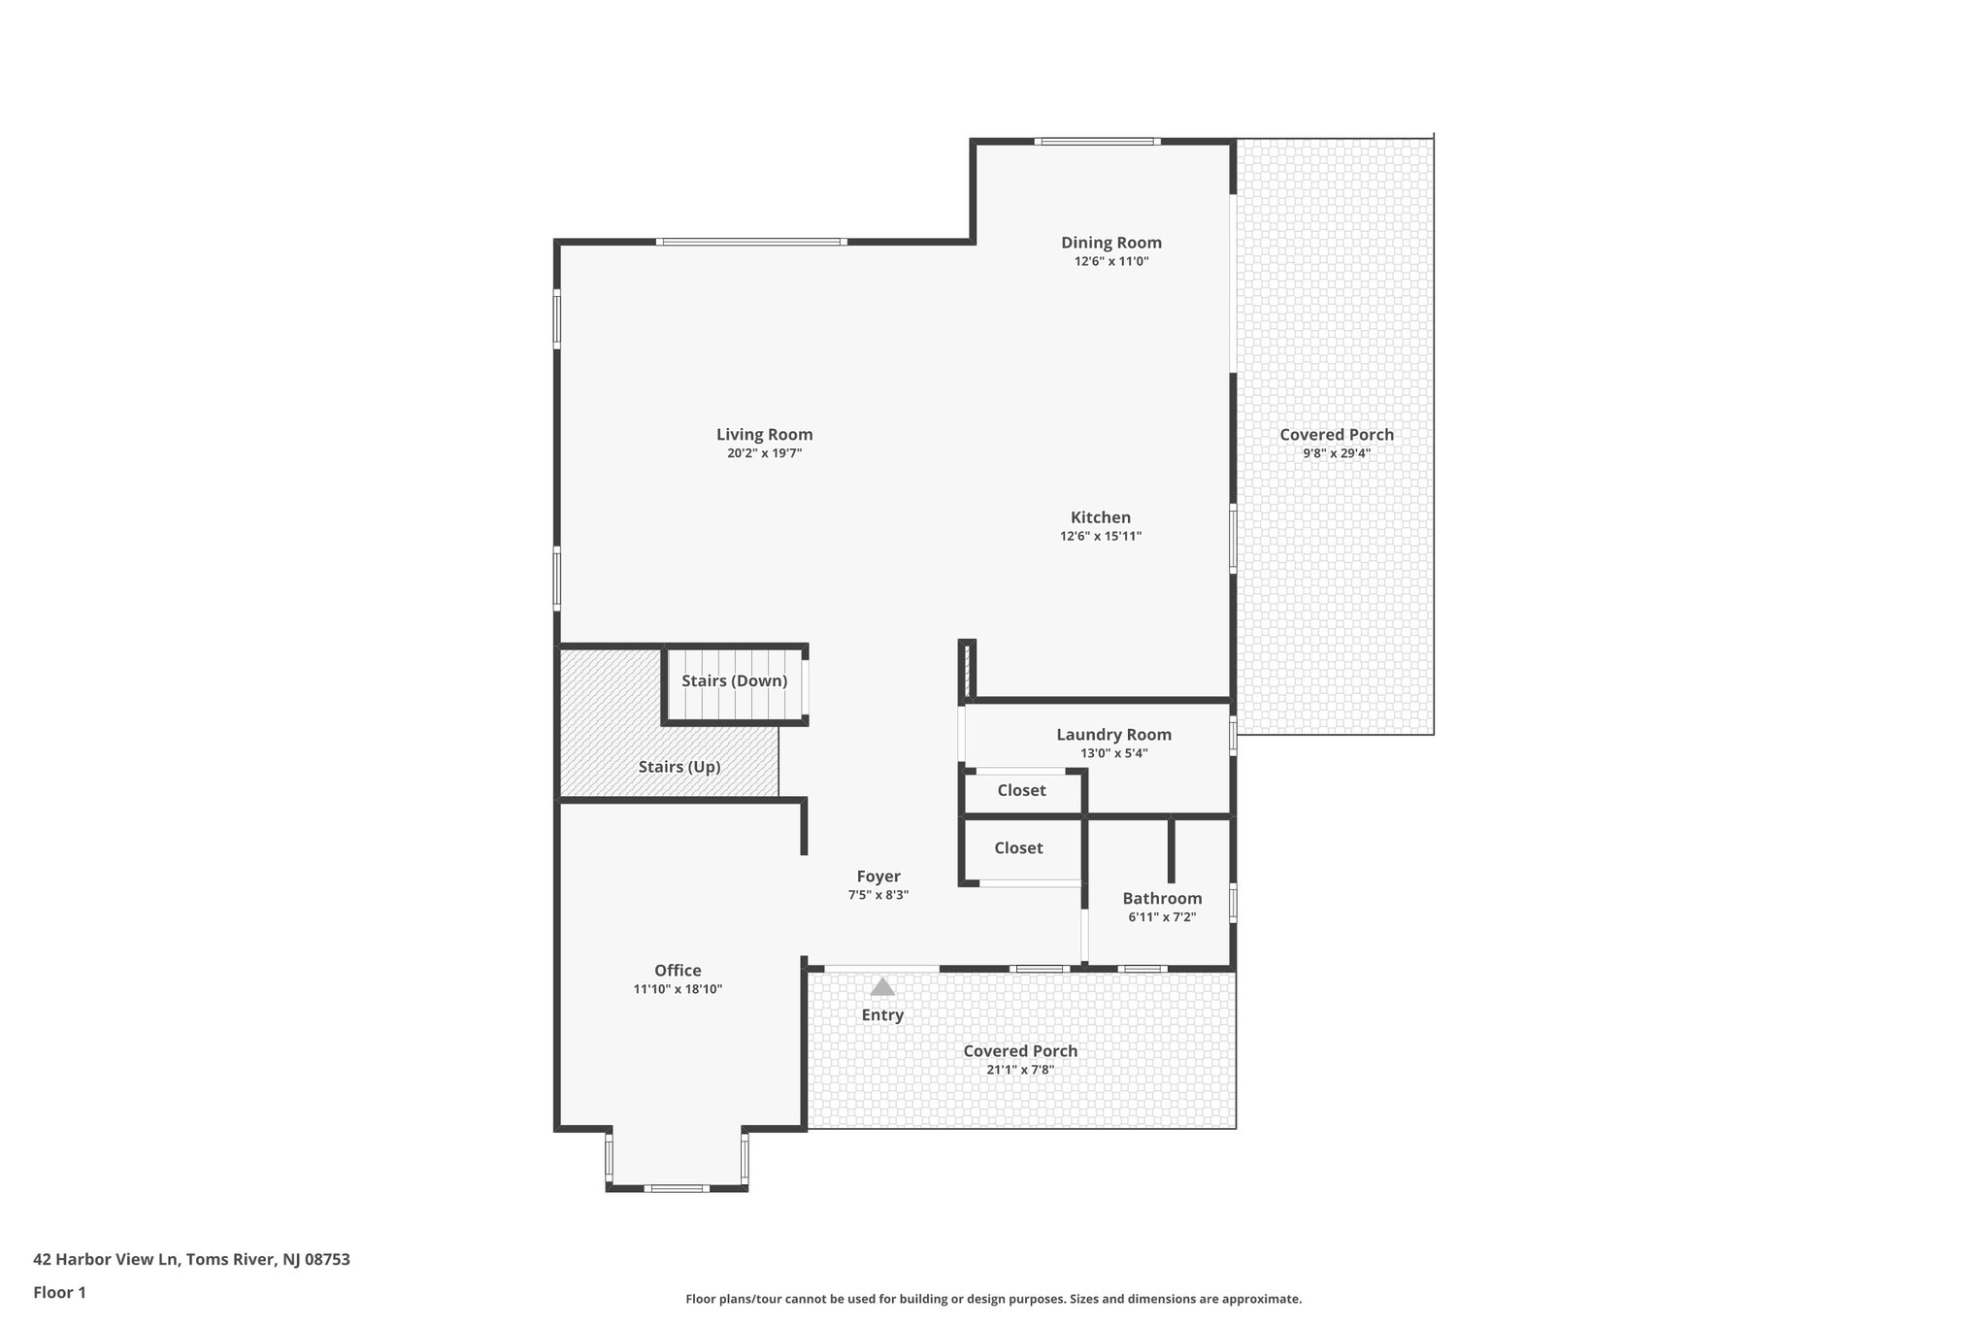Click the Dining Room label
point(1110,243)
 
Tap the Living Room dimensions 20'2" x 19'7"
point(764,453)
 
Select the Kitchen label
point(1100,517)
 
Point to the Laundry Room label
point(1113,735)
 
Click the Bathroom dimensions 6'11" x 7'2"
point(1161,916)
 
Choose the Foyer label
point(878,877)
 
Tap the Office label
point(678,970)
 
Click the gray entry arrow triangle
point(881,987)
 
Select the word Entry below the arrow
point(881,1015)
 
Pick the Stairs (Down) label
point(734,680)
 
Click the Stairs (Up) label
point(679,767)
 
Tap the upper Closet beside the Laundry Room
point(1021,790)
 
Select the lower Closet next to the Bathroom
point(1018,847)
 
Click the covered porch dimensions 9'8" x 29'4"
point(1336,453)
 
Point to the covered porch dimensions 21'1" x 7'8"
point(1019,1070)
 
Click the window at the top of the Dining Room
point(1097,142)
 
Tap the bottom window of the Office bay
point(677,1188)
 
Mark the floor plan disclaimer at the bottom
point(993,1299)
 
